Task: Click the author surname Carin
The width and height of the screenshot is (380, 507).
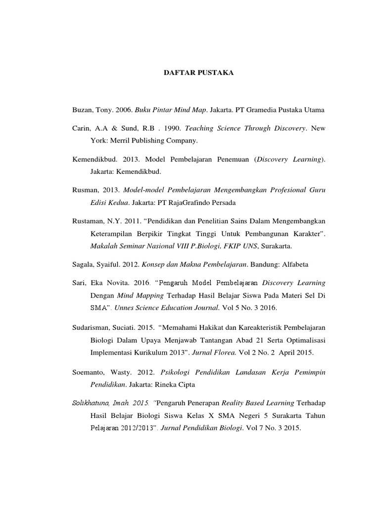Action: tap(81, 128)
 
